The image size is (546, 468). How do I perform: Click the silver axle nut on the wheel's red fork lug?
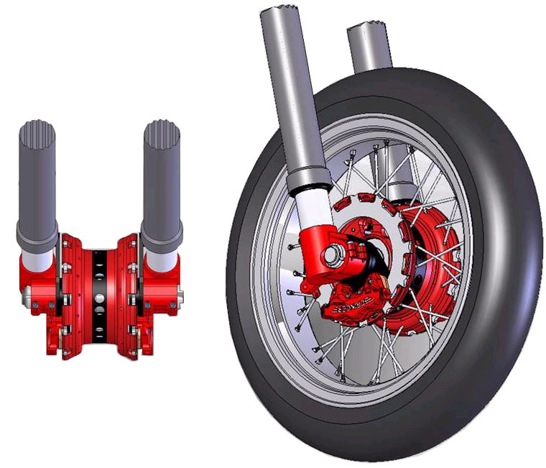pyautogui.click(x=332, y=253)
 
